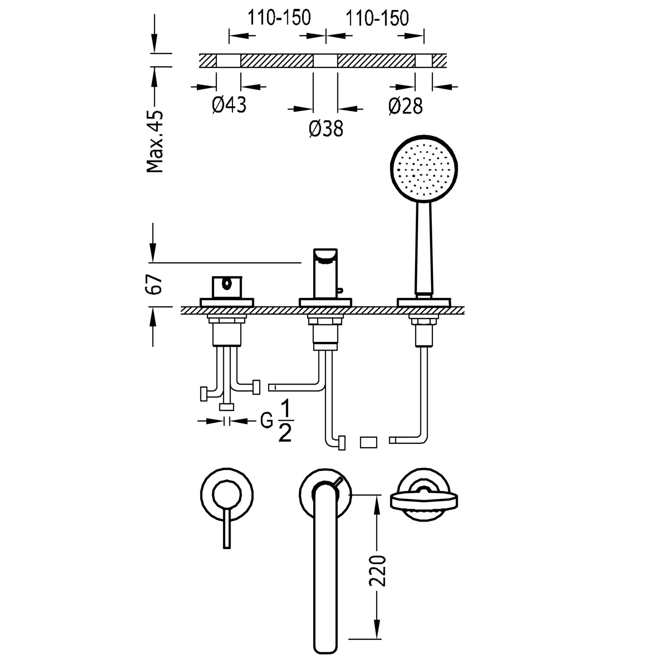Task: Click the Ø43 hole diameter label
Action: (229, 105)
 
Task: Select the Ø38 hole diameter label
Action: (326, 129)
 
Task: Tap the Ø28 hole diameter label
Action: (406, 106)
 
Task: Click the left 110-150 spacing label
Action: (279, 18)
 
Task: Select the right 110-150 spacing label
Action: (377, 18)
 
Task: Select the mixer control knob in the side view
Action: (227, 287)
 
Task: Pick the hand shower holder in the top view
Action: (424, 500)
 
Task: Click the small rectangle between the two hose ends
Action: (368, 442)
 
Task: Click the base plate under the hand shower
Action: (424, 302)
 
